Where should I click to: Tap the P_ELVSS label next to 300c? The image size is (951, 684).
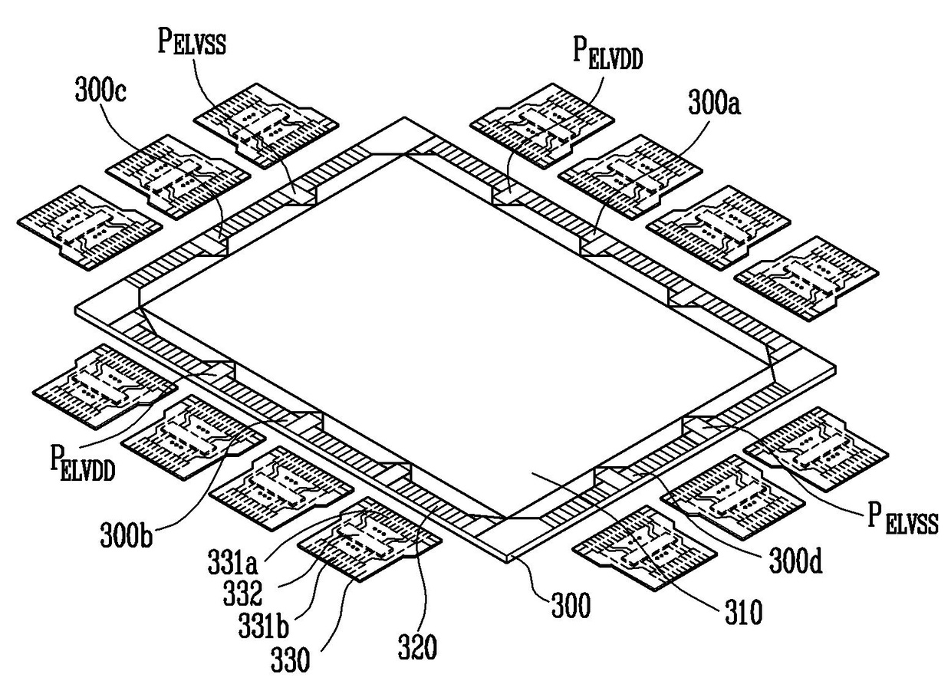click(x=193, y=40)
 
